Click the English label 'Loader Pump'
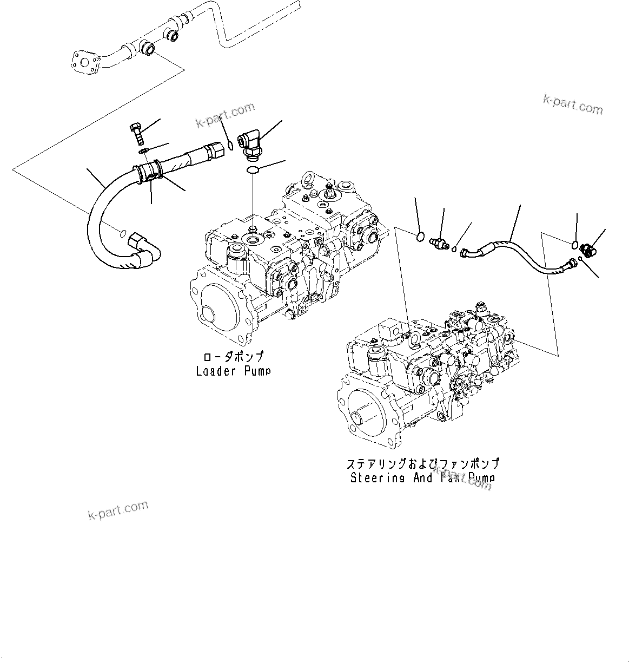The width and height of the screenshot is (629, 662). [233, 371]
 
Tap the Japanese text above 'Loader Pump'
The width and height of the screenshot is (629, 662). [233, 357]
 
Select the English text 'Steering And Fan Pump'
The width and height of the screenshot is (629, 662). [422, 478]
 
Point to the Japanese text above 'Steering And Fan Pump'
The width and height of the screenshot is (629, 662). [422, 464]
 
